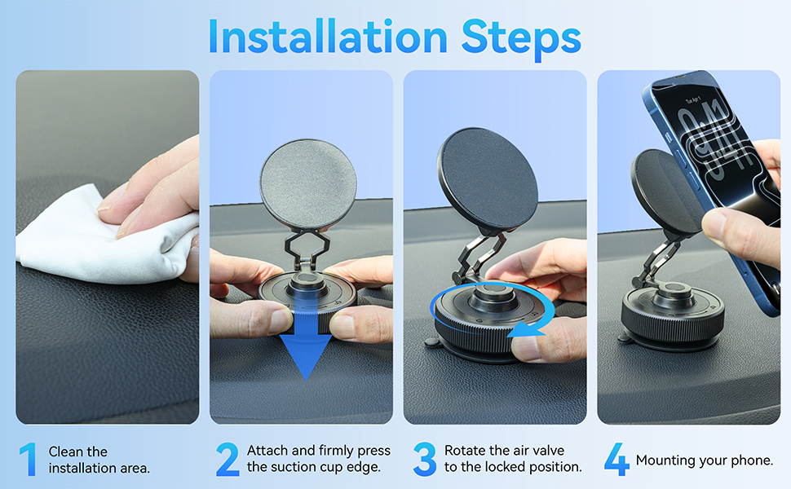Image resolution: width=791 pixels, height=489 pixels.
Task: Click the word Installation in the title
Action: point(328,37)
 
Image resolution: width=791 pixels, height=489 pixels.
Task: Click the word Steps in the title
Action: point(521,39)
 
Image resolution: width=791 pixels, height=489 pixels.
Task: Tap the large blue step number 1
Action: point(29,460)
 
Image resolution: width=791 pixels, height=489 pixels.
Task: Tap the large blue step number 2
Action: point(228,460)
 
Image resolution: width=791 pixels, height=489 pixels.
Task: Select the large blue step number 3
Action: point(424,460)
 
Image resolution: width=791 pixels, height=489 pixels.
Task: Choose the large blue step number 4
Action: point(616,460)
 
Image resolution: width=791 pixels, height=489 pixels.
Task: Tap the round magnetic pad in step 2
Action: point(308,185)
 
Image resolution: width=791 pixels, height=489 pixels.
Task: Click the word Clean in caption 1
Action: point(65,452)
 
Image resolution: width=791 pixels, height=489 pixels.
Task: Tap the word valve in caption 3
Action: point(548,450)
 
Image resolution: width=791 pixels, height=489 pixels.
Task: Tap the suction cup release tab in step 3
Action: point(432,343)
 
